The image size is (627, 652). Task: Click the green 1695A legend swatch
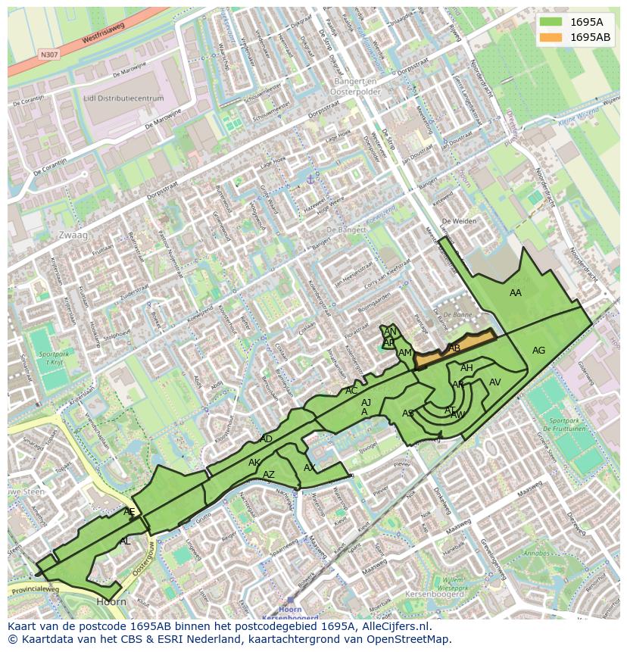552,22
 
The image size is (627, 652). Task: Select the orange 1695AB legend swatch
552,37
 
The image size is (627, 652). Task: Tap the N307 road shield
49,55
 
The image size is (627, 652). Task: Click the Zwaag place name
73,236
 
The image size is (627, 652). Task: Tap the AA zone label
516,293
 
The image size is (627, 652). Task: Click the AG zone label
538,351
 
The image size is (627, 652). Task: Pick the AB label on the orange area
454,348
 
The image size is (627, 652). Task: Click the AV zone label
495,382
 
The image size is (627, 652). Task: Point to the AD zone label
266,439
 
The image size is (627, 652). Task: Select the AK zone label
254,463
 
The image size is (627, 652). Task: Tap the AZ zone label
269,475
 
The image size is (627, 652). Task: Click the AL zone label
125,541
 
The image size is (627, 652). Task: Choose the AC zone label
351,391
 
